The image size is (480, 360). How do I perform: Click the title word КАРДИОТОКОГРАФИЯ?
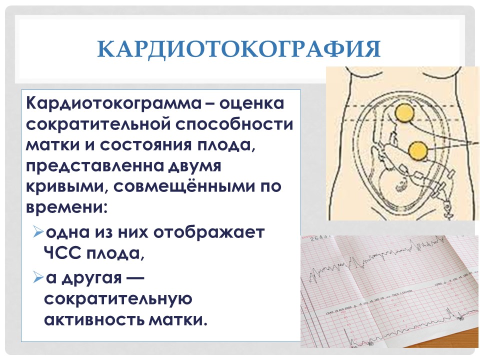[x=239, y=49]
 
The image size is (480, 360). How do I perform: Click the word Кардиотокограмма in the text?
[x=113, y=103]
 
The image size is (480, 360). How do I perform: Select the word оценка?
[x=252, y=104]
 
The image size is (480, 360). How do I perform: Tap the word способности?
[x=234, y=124]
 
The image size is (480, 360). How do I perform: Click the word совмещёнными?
[x=184, y=186]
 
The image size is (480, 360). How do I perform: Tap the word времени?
[x=66, y=208]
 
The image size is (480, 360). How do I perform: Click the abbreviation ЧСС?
[x=62, y=252]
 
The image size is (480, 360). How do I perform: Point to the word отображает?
[x=209, y=232]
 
